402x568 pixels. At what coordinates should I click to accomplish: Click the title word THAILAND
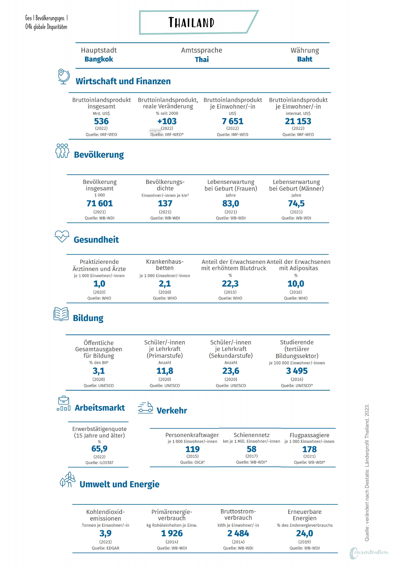191,22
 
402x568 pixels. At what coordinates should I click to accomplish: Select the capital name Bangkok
99,59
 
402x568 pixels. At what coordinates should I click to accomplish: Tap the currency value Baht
305,59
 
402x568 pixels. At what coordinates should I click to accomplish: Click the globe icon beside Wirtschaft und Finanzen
64,76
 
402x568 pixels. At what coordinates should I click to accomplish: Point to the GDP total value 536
101,121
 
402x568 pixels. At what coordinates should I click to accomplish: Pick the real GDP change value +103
167,121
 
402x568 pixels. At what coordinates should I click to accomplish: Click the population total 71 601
100,203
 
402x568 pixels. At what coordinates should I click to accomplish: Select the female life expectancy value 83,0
231,203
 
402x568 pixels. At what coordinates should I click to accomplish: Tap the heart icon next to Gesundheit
62,236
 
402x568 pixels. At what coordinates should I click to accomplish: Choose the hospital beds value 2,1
165,283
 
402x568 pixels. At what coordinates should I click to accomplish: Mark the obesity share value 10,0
296,283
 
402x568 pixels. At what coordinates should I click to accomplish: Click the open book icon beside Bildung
61,314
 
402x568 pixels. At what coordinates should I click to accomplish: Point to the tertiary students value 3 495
297,371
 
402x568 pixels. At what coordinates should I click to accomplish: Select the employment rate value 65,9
100,448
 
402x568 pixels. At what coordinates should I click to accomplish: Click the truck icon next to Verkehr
145,408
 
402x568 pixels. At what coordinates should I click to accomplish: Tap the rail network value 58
252,449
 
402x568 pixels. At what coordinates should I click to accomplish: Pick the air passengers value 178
310,449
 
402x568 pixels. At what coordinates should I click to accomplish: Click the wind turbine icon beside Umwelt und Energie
68,480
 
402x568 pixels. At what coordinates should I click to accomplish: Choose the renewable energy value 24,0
304,533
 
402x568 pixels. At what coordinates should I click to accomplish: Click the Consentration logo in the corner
369,553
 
